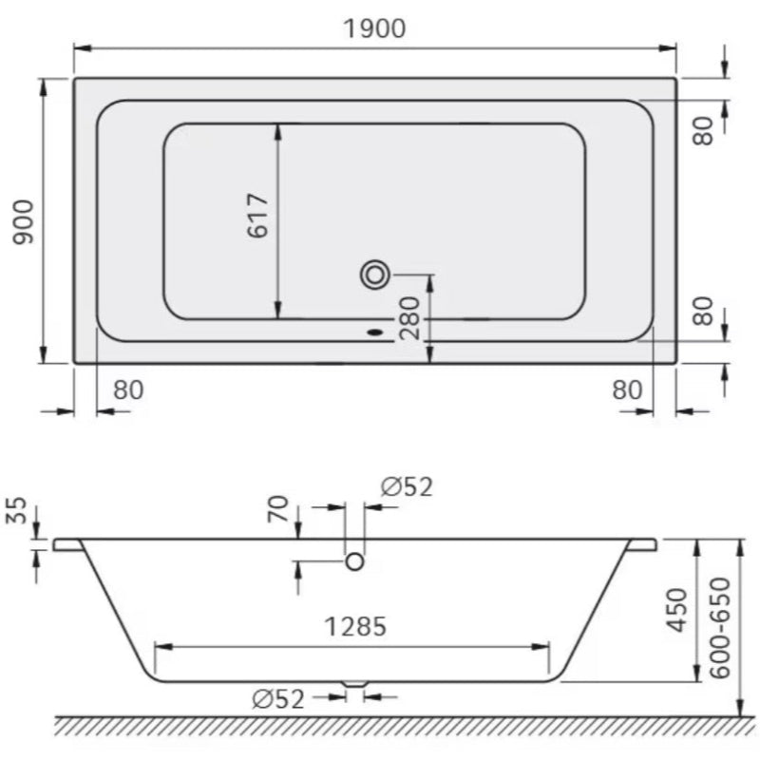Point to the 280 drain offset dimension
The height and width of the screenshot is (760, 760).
coord(409,317)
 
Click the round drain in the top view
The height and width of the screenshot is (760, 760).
coord(375,275)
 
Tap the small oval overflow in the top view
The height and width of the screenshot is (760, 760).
coord(374,332)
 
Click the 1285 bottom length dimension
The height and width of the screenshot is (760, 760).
coord(355,627)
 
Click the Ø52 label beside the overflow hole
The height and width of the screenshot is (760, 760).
coord(407,487)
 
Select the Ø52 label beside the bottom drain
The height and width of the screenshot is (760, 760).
coord(278,700)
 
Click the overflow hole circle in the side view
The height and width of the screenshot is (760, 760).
coord(355,561)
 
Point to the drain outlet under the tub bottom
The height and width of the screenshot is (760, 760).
coord(353,684)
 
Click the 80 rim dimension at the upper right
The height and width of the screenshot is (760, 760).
coord(702,130)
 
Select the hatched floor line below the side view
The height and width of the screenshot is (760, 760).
coord(399,726)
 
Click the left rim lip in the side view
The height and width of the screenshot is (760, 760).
coord(66,545)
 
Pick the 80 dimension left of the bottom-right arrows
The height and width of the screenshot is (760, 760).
coord(626,389)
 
